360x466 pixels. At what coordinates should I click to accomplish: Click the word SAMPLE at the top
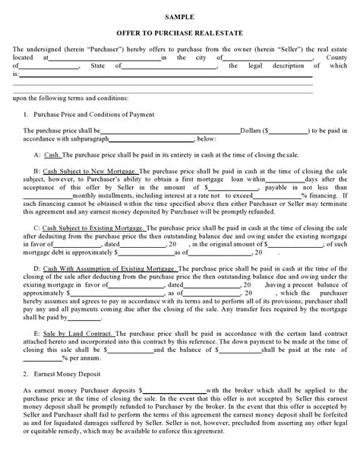(x=180, y=15)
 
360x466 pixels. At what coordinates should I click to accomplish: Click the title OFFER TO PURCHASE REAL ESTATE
(x=180, y=33)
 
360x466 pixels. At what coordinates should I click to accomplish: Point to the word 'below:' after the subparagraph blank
(x=207, y=139)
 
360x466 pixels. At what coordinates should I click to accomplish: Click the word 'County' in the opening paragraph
(x=332, y=57)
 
